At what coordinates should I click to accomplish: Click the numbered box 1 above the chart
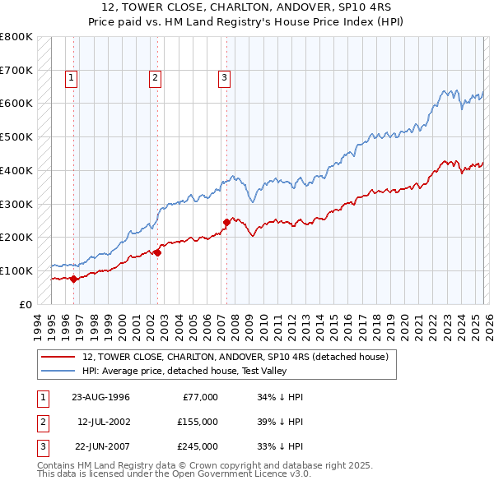[72, 78]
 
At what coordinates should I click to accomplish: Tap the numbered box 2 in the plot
[155, 78]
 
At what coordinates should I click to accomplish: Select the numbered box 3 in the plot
[224, 78]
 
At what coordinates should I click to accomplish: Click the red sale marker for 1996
[73, 279]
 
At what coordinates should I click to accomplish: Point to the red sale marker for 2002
[156, 252]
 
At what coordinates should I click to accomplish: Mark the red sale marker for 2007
[226, 222]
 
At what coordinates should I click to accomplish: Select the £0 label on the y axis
[26, 304]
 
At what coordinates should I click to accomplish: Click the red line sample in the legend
[58, 357]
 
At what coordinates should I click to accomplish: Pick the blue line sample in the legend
[58, 371]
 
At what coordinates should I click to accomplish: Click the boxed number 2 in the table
[41, 422]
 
